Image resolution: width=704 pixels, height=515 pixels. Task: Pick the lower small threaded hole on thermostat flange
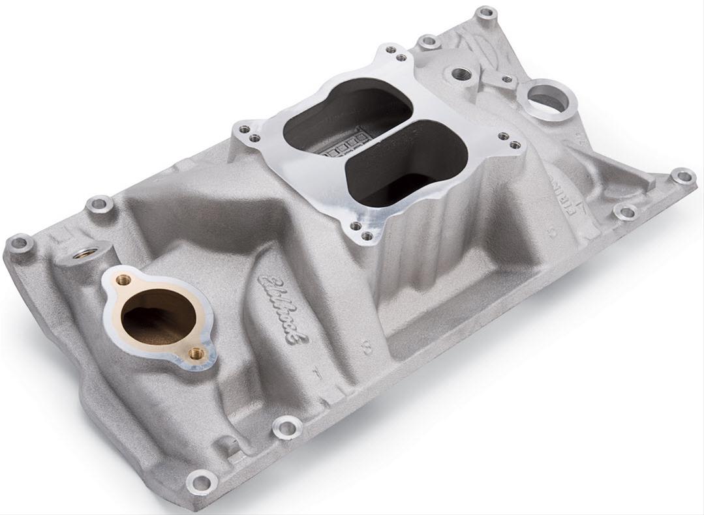[x=194, y=353]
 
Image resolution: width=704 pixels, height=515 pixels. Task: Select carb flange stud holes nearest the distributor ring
[x=508, y=140]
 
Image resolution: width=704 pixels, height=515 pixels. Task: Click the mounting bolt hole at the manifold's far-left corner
[x=20, y=244]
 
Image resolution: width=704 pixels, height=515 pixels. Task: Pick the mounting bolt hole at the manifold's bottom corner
[x=202, y=483]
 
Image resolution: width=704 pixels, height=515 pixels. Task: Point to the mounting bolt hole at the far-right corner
[x=682, y=176]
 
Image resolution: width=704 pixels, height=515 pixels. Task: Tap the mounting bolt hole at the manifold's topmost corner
[x=485, y=13]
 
